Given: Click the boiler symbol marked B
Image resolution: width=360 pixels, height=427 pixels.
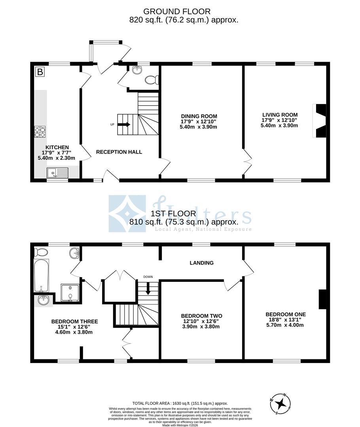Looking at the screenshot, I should pyautogui.click(x=40, y=72).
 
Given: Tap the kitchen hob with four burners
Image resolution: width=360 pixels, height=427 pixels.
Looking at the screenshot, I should pyautogui.click(x=40, y=131).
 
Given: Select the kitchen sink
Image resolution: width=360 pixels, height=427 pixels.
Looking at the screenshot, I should pyautogui.click(x=57, y=172).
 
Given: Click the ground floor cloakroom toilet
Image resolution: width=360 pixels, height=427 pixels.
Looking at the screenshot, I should pyautogui.click(x=152, y=80).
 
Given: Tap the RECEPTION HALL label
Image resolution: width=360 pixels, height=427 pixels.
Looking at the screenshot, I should pyautogui.click(x=119, y=152).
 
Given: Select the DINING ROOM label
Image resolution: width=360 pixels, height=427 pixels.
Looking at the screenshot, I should pyautogui.click(x=199, y=116).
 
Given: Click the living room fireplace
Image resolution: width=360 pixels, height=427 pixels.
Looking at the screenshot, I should pyautogui.click(x=320, y=121).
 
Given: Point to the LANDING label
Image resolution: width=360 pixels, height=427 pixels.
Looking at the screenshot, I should pyautogui.click(x=201, y=263).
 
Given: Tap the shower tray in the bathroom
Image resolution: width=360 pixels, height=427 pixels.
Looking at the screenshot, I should pyautogui.click(x=70, y=293).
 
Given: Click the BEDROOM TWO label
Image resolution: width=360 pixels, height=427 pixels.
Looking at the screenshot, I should pyautogui.click(x=201, y=316).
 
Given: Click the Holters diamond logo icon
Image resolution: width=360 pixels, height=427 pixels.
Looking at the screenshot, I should pyautogui.click(x=127, y=213).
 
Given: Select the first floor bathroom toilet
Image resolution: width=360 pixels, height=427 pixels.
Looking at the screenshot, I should pyautogui.click(x=41, y=252).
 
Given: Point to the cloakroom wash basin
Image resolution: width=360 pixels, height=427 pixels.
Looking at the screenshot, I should pyautogui.click(x=137, y=70).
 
